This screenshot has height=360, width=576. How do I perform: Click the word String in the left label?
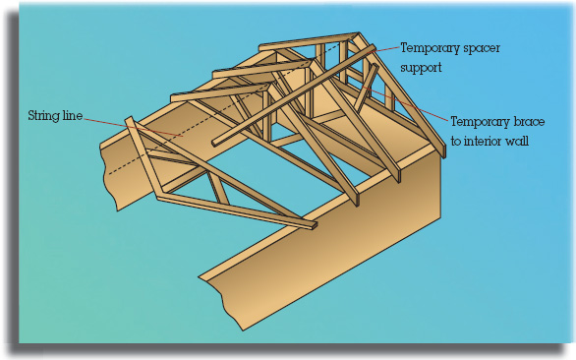pyautogui.click(x=44, y=116)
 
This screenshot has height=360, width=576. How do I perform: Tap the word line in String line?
pyautogui.click(x=73, y=115)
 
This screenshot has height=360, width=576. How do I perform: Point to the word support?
pyautogui.click(x=421, y=69)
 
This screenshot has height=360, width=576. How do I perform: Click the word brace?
pyautogui.click(x=526, y=121)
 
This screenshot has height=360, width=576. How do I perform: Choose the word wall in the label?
pyautogui.click(x=518, y=142)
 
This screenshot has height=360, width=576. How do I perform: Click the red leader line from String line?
pyautogui.click(x=134, y=127)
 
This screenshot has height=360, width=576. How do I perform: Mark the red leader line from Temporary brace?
pyautogui.click(x=406, y=103)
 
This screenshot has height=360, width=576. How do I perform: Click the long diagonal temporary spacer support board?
pyautogui.click(x=294, y=95)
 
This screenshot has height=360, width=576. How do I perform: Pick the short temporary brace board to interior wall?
pyautogui.click(x=366, y=88)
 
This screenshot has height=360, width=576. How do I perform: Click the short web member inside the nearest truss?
pyautogui.click(x=218, y=188)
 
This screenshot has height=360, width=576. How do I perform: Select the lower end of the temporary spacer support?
pyautogui.click(x=215, y=143)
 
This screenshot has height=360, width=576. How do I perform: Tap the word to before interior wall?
pyautogui.click(x=456, y=142)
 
